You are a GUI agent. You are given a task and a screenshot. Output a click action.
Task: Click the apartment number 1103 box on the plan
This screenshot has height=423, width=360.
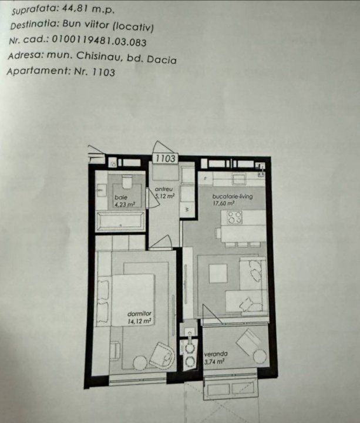165,159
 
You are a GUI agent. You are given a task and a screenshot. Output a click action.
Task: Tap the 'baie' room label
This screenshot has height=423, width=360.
121,197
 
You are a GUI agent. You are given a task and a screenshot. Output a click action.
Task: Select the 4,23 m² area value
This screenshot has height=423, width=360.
125,204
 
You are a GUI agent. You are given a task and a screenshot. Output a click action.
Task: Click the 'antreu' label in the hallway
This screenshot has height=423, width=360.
164,189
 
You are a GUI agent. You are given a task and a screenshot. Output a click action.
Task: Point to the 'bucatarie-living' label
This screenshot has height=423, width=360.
233,196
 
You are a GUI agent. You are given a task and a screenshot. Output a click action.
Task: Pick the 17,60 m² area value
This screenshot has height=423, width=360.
223,203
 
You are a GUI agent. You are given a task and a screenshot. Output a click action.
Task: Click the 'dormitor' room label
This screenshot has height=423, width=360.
139,314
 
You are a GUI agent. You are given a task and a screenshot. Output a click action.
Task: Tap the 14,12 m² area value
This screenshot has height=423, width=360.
139,321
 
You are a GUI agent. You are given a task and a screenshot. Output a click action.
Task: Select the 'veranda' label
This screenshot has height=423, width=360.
216,354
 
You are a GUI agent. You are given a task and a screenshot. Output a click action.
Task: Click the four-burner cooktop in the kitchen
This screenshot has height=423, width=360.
234,218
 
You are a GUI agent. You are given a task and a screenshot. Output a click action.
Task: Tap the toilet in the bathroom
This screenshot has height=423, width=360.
126,182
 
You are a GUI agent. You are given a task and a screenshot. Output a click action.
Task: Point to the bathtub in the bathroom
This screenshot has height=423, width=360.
120,221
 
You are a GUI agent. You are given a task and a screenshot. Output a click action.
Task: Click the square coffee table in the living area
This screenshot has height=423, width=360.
218,273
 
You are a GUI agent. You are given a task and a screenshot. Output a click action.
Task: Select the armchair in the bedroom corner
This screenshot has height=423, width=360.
162,355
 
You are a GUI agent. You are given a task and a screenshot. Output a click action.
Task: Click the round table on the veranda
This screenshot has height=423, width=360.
260,357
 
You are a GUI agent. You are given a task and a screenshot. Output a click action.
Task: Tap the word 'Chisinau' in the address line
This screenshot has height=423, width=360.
98,56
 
